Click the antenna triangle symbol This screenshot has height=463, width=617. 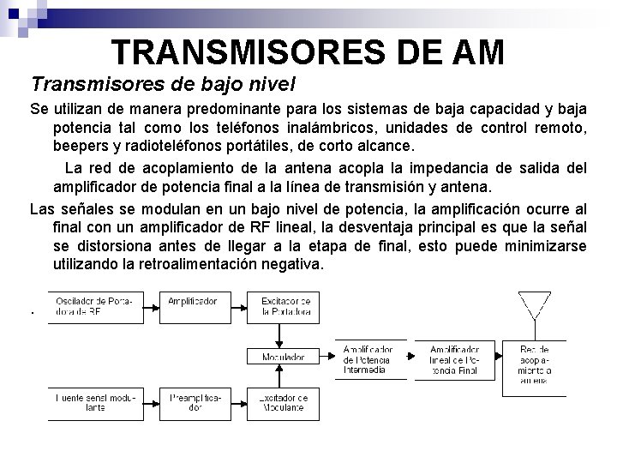535,304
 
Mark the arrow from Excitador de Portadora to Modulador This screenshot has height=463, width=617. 281,334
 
